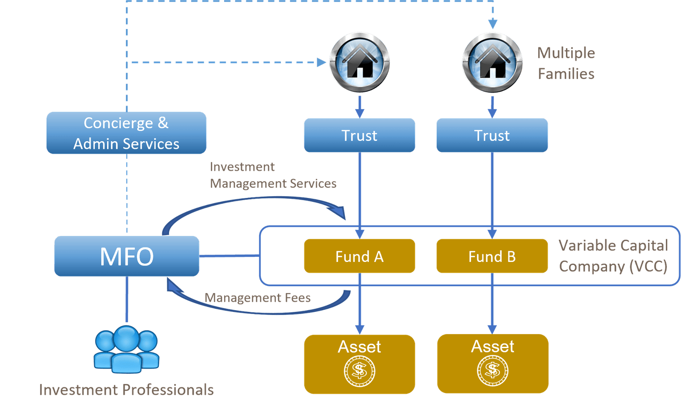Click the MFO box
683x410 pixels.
pos(127,256)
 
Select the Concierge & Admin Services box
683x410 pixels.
pos(126,133)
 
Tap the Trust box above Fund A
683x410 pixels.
pos(359,135)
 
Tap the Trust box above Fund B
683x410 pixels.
pos(492,135)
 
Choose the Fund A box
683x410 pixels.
pos(359,256)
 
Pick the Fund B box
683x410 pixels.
pos(492,256)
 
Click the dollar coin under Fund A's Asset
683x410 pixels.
pos(359,371)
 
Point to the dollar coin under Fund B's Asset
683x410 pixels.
pos(493,371)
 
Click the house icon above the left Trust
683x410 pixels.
pos(359,62)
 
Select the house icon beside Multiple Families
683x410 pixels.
pos(492,62)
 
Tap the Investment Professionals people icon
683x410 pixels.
pos(126,349)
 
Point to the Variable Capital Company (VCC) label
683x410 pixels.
pos(613,256)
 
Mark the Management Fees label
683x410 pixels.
pos(258,297)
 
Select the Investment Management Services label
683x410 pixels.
pos(273,175)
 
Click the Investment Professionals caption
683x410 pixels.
pos(126,390)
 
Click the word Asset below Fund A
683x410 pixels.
pos(359,346)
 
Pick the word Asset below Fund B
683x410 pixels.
pos(493,346)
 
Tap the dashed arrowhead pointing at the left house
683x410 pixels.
pos(321,63)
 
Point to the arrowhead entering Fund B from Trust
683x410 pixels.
pos(492,233)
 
